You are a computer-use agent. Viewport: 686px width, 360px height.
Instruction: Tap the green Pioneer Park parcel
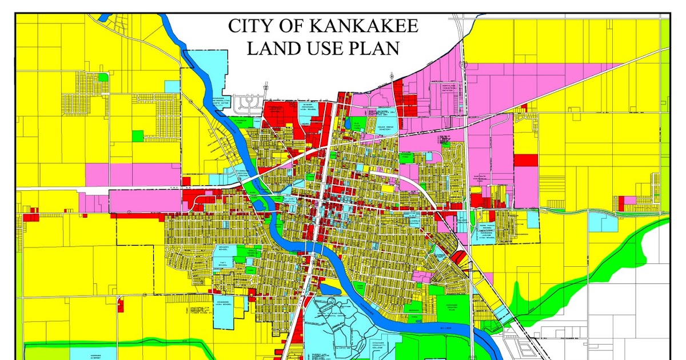pyautogui.click(x=408, y=155)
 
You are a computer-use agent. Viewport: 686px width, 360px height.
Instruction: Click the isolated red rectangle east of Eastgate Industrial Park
pyautogui.click(x=525, y=160)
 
